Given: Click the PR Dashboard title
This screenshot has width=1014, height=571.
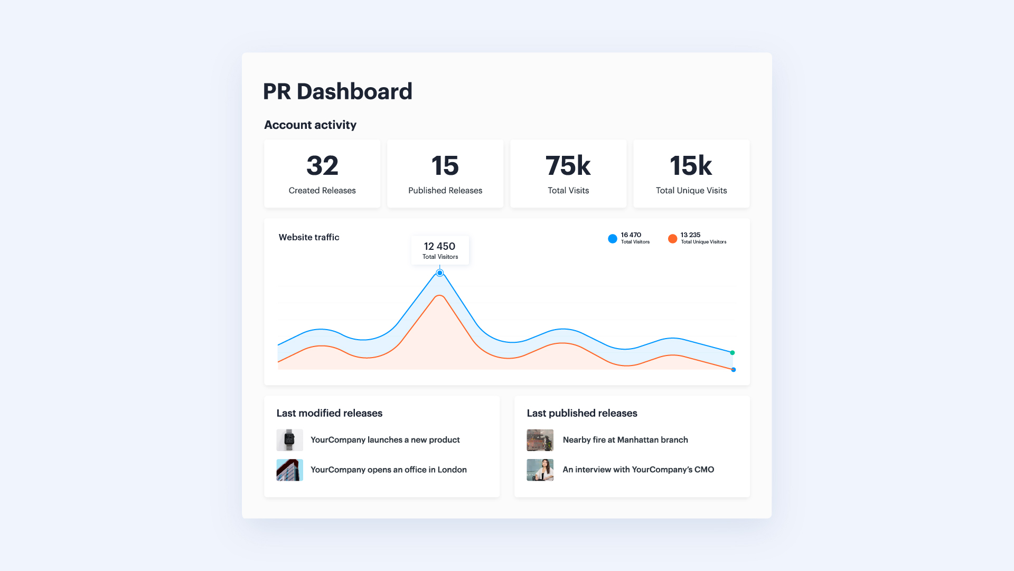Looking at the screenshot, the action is click(x=337, y=91).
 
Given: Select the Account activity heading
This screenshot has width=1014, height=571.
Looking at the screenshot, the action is click(x=310, y=125).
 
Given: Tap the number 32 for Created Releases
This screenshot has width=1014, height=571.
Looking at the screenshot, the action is click(x=322, y=165).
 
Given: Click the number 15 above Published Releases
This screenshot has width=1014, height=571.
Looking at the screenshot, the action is click(x=445, y=165).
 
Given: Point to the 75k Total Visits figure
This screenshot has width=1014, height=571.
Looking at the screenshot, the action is click(x=568, y=165).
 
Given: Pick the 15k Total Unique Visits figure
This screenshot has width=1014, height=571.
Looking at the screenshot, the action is click(x=691, y=165).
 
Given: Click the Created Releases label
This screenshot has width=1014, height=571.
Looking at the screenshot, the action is click(x=322, y=190).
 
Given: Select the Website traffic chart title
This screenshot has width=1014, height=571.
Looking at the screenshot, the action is click(x=309, y=237).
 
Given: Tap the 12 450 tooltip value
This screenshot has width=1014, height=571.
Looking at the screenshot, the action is click(x=439, y=246).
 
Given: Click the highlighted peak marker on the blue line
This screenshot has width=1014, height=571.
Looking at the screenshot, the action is click(x=440, y=273).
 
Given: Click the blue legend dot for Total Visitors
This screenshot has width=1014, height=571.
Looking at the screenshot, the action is click(x=613, y=239).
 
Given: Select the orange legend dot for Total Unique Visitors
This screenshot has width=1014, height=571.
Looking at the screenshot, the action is click(x=672, y=239).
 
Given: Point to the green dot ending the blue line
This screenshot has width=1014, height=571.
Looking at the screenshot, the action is click(x=733, y=352).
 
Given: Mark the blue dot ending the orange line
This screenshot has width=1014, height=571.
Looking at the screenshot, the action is click(x=734, y=370).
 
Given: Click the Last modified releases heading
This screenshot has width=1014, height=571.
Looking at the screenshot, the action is click(x=330, y=413).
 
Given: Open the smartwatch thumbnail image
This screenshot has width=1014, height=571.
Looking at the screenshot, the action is click(x=289, y=440).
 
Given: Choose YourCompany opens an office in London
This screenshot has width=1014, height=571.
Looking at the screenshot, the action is click(x=389, y=470).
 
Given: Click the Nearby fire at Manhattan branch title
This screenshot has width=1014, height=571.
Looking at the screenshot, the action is click(x=625, y=439).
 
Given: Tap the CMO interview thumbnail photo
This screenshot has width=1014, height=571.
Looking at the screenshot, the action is click(x=540, y=470).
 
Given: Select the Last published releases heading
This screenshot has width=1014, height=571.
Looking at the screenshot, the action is click(x=582, y=413).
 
